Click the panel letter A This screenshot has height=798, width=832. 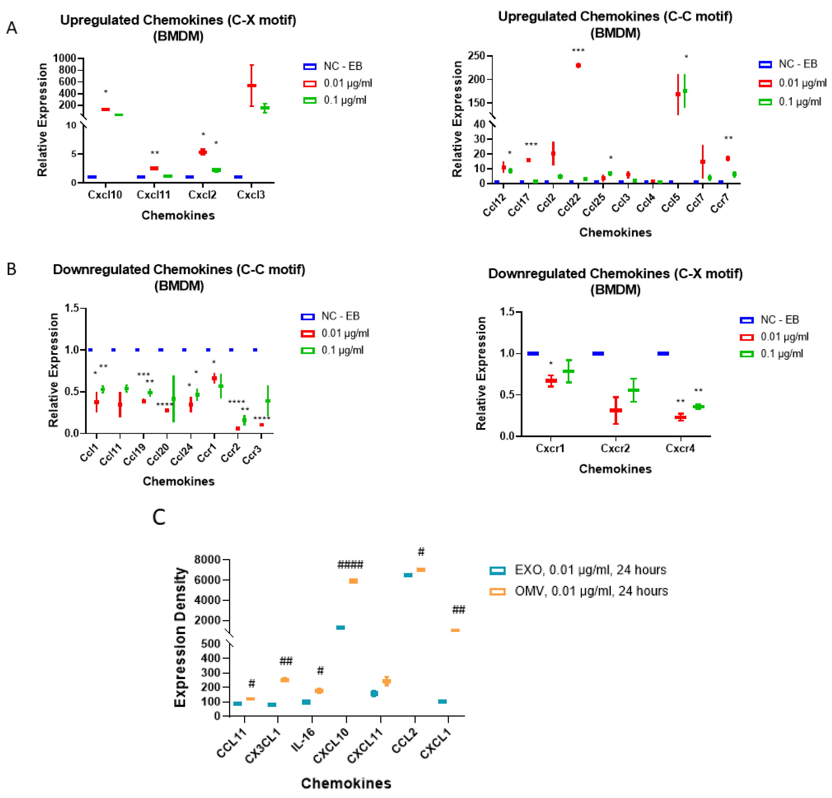[12, 28]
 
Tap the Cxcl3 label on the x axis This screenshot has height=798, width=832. [251, 195]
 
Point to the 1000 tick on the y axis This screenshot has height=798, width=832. [64, 58]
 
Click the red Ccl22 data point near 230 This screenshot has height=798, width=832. [578, 65]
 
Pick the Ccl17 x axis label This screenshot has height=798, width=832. [519, 205]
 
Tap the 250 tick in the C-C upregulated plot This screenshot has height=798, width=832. [476, 56]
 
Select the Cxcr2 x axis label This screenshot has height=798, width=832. [615, 448]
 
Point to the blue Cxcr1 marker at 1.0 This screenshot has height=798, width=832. [533, 354]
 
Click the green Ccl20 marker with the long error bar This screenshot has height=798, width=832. [174, 399]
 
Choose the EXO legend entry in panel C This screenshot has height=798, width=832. [577, 570]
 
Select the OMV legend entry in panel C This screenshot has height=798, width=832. [578, 591]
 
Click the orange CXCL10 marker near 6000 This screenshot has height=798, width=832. [353, 581]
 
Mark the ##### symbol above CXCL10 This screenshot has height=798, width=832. [350, 565]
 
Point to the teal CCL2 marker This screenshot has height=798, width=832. [408, 575]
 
